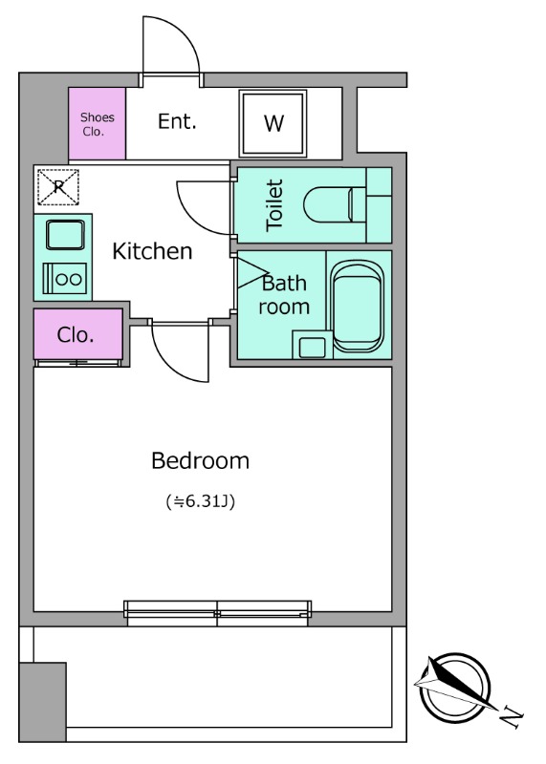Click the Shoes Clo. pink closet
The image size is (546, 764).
click(x=98, y=124)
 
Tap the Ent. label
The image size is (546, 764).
click(x=177, y=121)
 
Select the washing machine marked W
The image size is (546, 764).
click(x=273, y=123)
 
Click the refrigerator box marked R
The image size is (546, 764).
click(x=58, y=186)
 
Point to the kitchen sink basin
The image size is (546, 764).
click(x=65, y=235)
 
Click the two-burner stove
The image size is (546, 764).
click(x=65, y=279)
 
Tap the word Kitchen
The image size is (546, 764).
click(x=152, y=251)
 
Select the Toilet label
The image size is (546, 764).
click(x=274, y=205)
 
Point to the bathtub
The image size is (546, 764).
click(x=359, y=307)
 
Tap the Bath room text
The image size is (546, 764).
click(x=284, y=295)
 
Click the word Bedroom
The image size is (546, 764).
click(x=201, y=460)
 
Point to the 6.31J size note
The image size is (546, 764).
click(x=201, y=501)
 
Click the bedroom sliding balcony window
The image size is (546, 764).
click(x=218, y=613)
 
